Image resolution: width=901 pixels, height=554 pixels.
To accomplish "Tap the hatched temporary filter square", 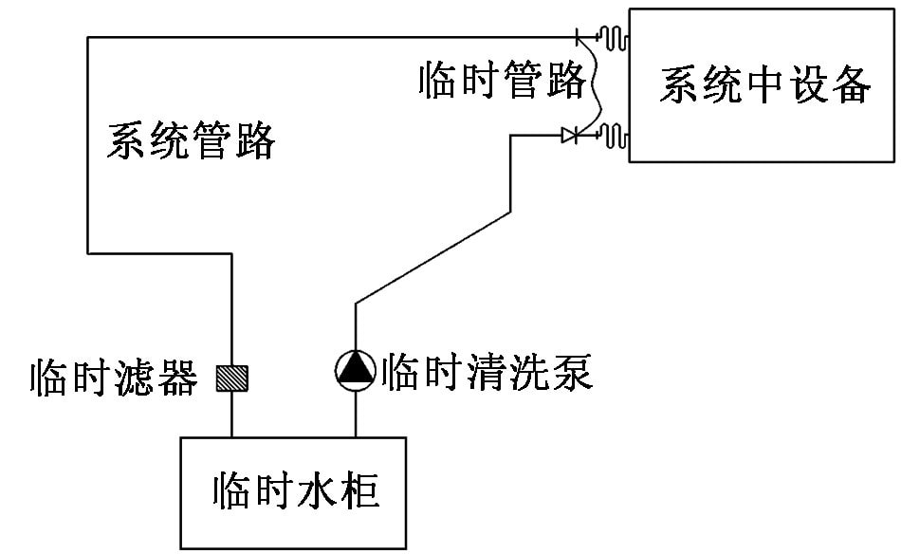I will click(232, 378).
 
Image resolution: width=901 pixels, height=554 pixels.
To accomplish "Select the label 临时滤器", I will click(113, 378).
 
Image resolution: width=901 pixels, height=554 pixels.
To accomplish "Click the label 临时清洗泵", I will click(486, 372).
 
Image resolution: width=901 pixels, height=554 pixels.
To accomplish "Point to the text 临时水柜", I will click(295, 492).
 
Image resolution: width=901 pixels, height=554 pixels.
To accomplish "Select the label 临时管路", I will click(502, 82).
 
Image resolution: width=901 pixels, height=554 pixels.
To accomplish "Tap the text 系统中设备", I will click(764, 85).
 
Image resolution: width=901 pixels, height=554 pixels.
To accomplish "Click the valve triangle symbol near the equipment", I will click(569, 137).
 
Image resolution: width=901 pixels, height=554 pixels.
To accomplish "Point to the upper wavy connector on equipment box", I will click(615, 37).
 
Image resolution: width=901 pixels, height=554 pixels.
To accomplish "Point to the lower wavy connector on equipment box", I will click(615, 137).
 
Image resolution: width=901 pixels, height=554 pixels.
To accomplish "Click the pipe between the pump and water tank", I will click(356, 413).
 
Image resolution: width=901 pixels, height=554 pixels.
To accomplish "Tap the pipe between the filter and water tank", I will click(232, 415).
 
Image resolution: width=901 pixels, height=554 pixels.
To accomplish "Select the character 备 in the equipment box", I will click(851, 85).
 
